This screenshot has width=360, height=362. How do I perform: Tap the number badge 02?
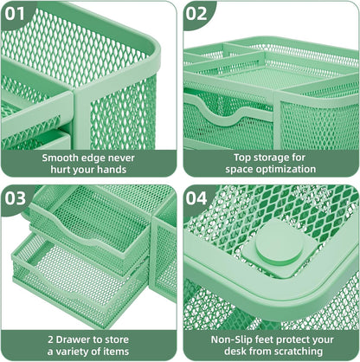tap(198, 13)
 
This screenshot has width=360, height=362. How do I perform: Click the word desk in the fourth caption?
tap(228, 352)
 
